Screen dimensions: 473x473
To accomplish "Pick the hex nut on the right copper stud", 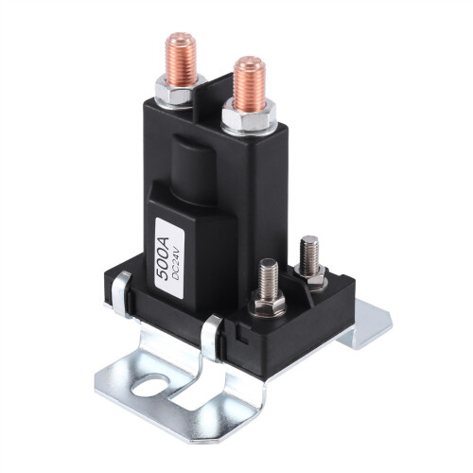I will click(247, 117).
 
